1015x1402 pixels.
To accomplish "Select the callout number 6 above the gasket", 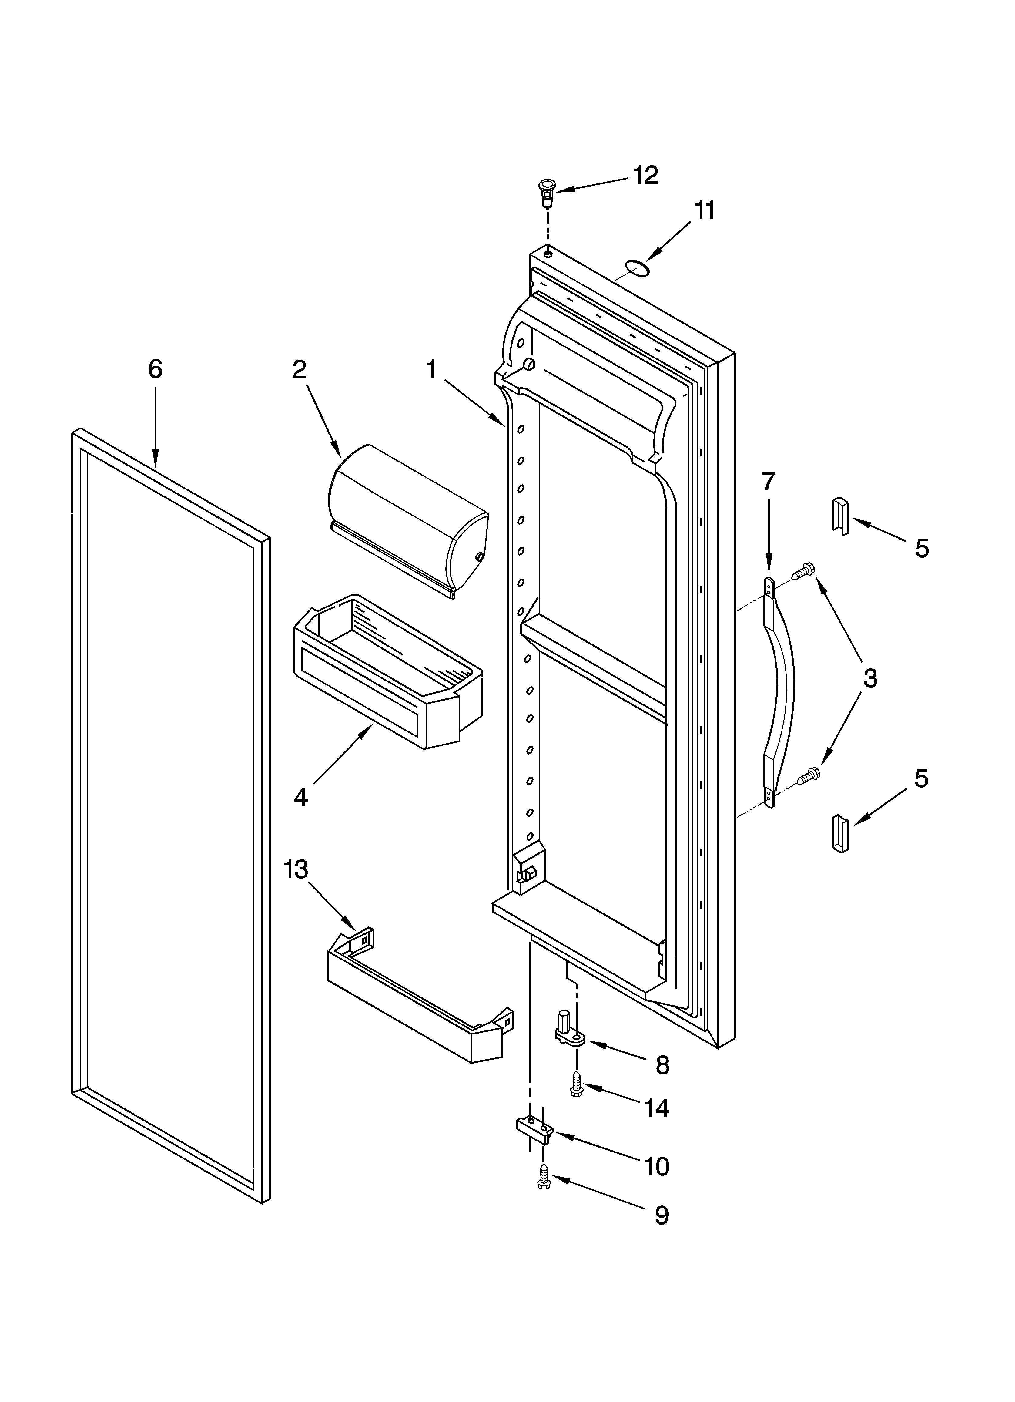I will (x=155, y=370).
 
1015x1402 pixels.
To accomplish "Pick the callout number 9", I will (x=662, y=1216).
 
